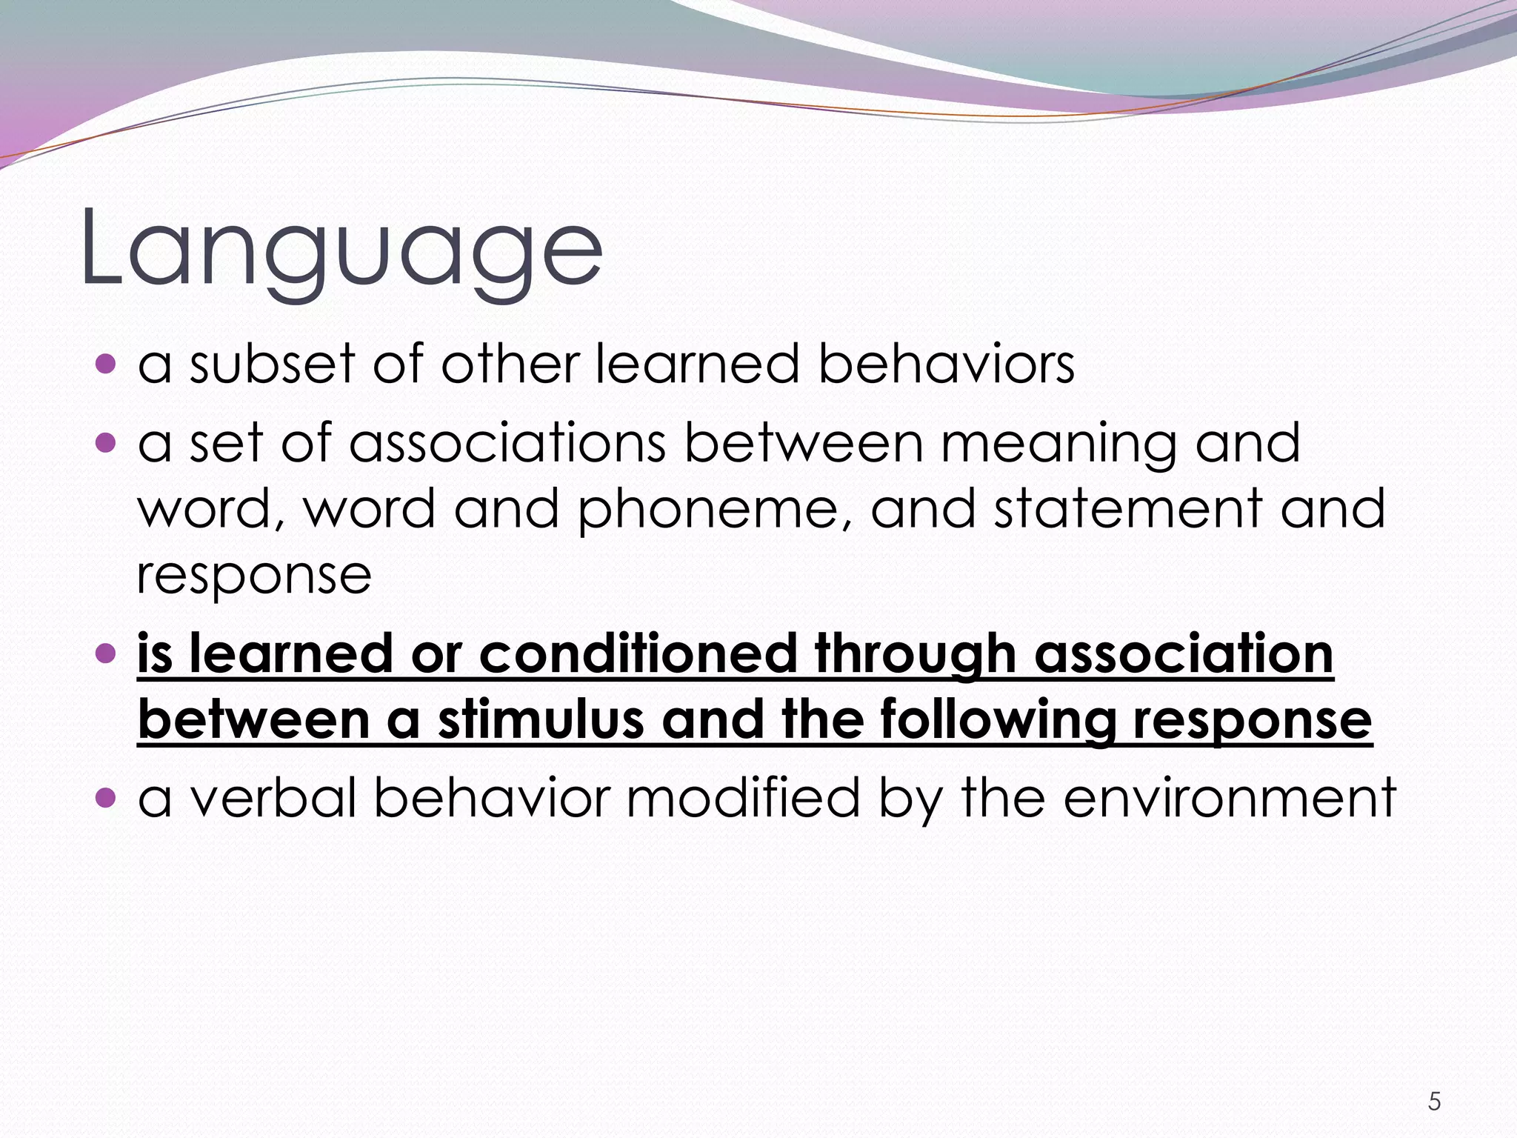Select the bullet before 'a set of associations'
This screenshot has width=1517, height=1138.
tap(107, 443)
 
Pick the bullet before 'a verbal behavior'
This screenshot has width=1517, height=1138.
tap(107, 798)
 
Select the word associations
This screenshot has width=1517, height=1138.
tap(507, 443)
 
